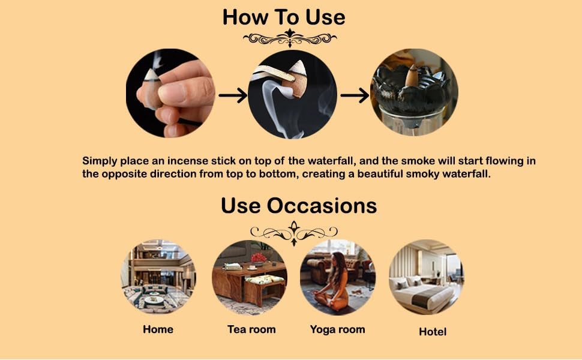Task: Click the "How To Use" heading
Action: (284, 17)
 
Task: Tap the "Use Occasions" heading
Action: (299, 205)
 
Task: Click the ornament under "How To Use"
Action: (290, 38)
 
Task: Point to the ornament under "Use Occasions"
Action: (294, 233)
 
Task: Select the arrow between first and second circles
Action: (233, 95)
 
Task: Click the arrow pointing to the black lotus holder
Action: (355, 95)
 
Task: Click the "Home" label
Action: (158, 329)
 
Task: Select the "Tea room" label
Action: (251, 329)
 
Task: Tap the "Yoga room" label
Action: (337, 329)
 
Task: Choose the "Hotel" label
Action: (433, 331)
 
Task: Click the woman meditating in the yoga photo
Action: (334, 282)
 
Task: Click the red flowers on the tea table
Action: (259, 257)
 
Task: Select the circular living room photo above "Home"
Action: (158, 277)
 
